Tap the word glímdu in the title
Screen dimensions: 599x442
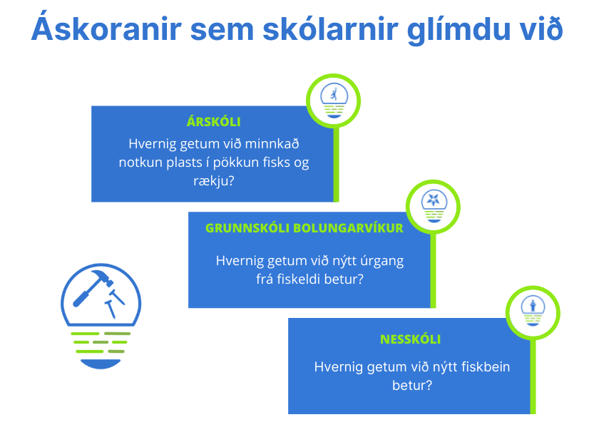point(459,31)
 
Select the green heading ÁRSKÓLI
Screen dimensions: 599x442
point(213,121)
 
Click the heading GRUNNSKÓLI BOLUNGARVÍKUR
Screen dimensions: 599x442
point(304,228)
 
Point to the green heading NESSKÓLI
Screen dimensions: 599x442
point(410,339)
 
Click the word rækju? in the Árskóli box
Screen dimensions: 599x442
point(213,180)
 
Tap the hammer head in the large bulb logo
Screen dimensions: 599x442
point(101,277)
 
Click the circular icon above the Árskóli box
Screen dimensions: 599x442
point(334,101)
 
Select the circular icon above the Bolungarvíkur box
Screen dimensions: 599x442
point(433,207)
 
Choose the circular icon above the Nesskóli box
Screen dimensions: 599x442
point(533,313)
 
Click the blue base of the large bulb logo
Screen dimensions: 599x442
point(101,364)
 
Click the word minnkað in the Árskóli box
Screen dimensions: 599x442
point(272,144)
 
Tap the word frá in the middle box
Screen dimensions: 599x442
point(264,279)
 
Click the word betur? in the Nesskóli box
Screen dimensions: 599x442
point(412,385)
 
